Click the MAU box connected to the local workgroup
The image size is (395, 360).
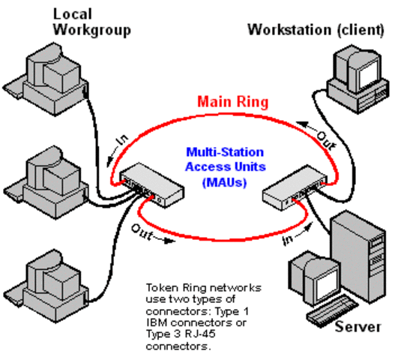150,181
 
